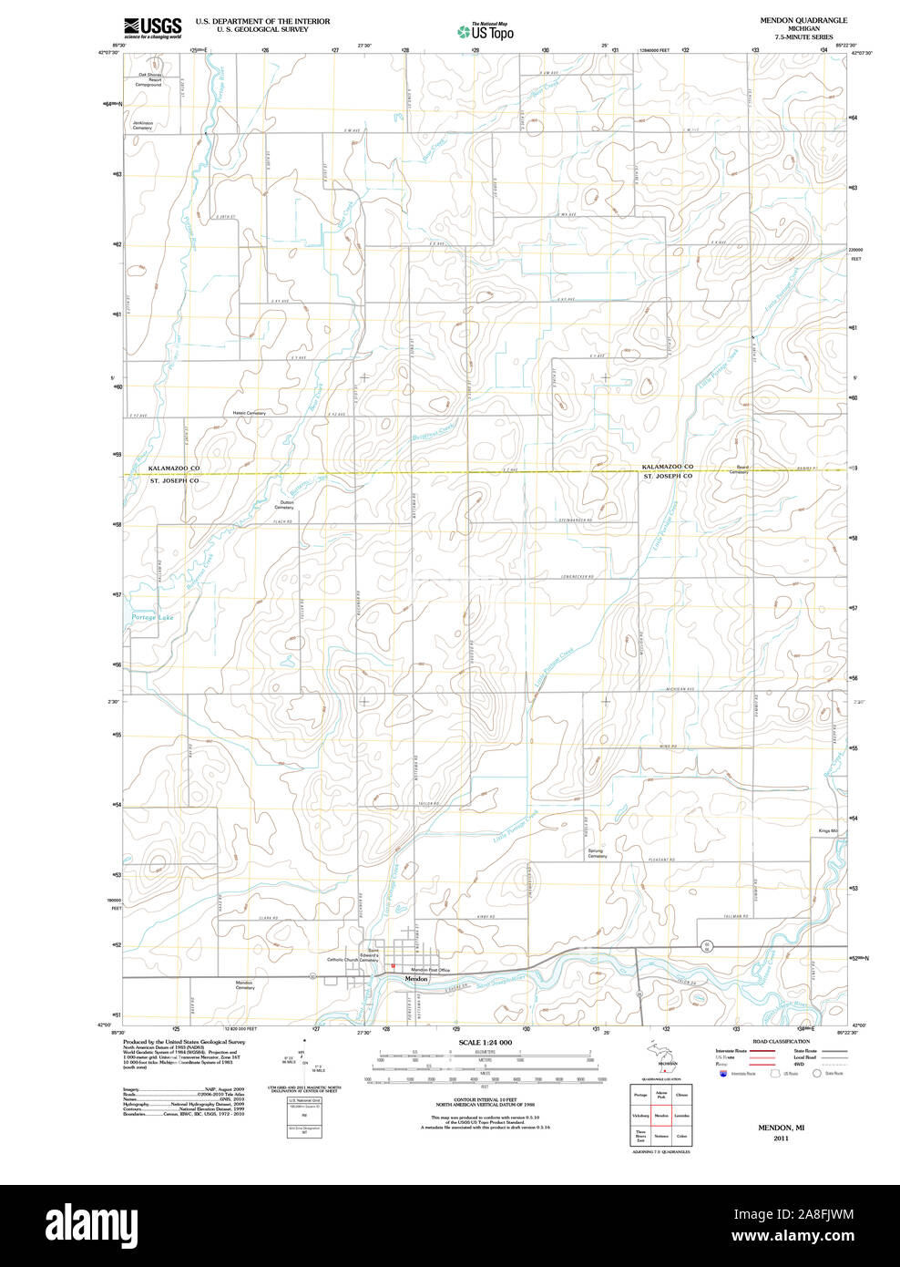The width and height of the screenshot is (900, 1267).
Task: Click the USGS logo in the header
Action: tap(152, 26)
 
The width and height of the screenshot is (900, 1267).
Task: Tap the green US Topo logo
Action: tap(486, 33)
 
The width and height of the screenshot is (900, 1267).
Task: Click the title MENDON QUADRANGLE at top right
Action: tap(803, 20)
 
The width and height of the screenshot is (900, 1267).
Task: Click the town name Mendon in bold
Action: tap(416, 979)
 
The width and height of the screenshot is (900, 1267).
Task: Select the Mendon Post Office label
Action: tap(430, 970)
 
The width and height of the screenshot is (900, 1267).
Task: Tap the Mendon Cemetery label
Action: tap(245, 985)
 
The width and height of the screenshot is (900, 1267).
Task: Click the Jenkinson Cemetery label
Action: tap(143, 126)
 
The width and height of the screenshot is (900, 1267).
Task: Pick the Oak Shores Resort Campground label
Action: tap(149, 79)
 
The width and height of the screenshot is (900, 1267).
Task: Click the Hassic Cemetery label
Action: tap(249, 413)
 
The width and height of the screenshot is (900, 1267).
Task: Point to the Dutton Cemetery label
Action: tap(287, 505)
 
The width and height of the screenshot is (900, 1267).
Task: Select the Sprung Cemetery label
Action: tap(597, 854)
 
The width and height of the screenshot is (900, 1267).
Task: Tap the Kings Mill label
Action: tap(827, 831)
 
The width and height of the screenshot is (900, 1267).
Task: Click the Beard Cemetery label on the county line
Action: tap(738, 470)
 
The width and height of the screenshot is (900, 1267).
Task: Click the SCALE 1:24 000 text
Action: tap(486, 1042)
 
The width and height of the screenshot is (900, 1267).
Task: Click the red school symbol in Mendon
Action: tap(393, 966)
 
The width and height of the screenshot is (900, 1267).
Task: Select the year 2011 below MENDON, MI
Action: tap(781, 1138)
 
